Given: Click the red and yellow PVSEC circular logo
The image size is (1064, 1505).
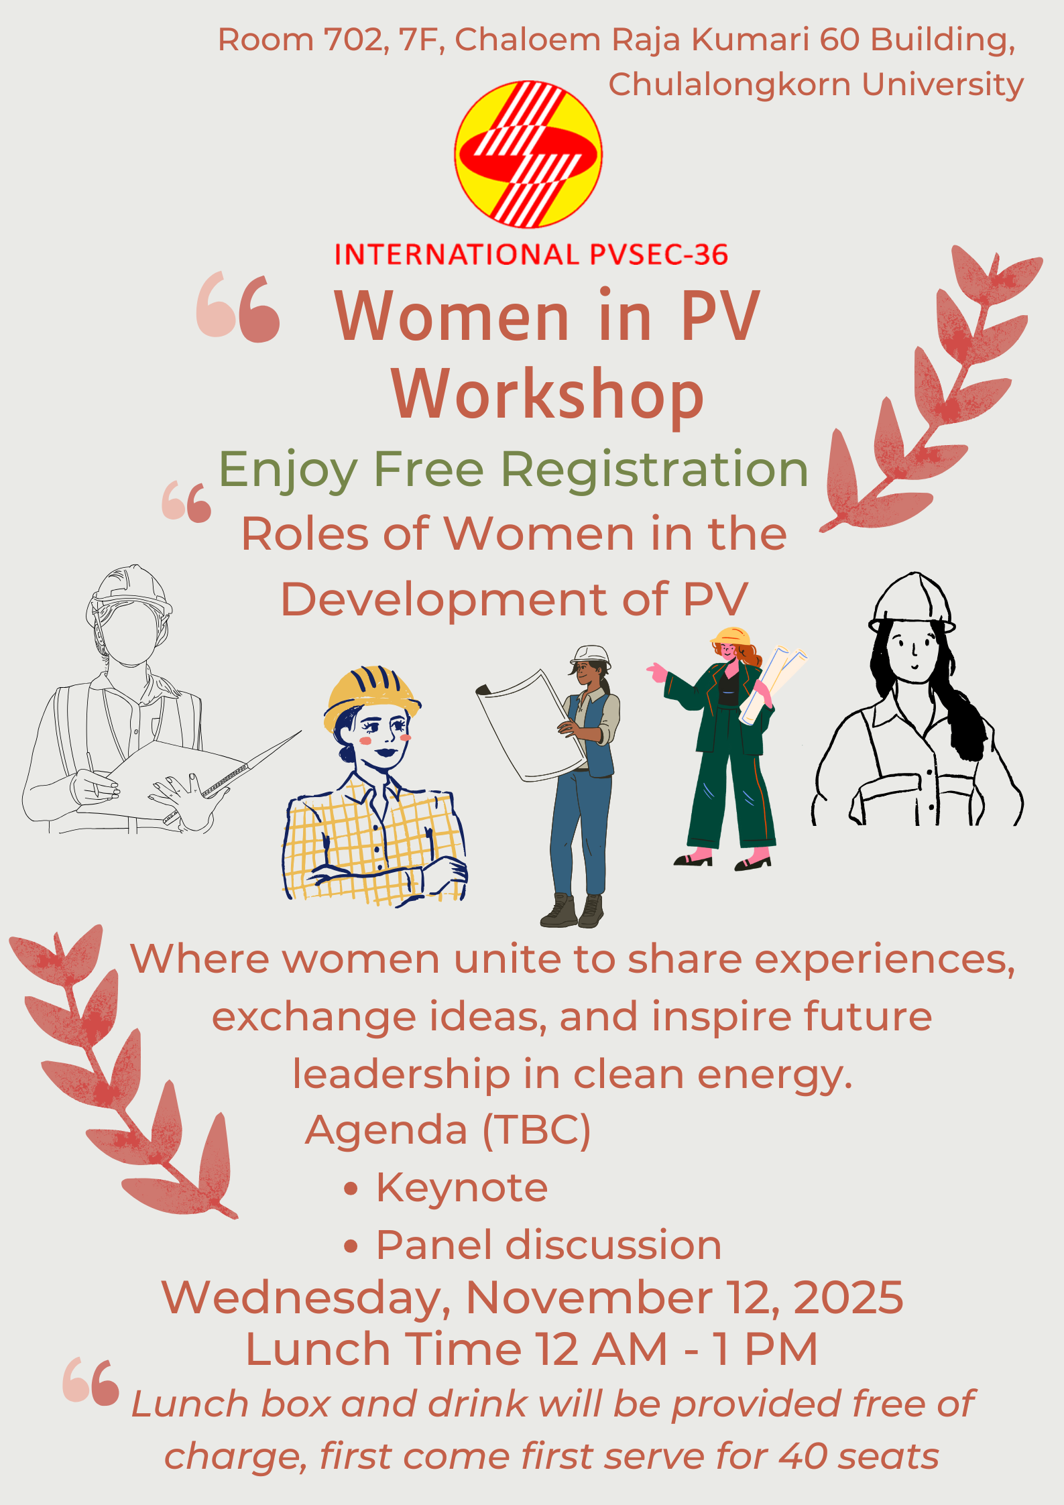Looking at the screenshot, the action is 528,154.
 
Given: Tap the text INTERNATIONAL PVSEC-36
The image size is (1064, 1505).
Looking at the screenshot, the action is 531,255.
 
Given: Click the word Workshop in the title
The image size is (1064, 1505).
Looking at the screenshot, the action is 548,396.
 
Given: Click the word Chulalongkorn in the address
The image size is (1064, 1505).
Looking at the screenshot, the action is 729,84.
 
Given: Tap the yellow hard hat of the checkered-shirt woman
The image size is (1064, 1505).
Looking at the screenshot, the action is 371,697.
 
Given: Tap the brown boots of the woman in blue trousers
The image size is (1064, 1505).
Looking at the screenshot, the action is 573,911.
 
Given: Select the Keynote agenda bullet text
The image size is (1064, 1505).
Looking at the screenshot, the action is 462,1189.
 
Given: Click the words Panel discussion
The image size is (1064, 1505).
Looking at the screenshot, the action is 548,1246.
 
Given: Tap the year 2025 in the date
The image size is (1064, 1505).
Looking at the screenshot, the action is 849,1297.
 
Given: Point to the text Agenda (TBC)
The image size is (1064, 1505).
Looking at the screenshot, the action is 448,1131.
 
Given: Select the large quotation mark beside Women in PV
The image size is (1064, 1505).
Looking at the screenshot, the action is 238,307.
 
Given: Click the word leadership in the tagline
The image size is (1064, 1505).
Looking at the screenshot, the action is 402,1075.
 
